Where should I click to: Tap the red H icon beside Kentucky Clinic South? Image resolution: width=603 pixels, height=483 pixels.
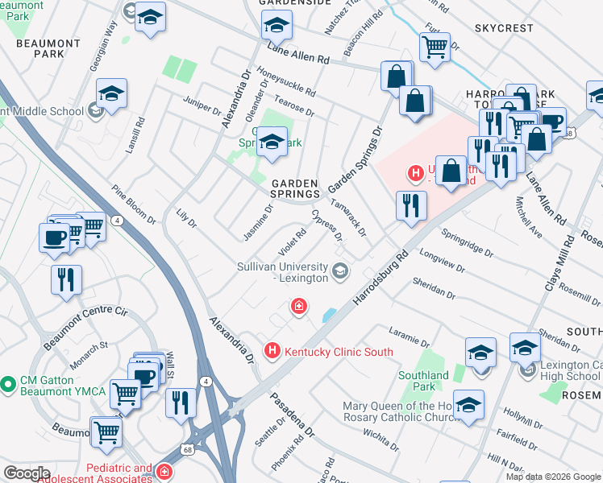point(272,352)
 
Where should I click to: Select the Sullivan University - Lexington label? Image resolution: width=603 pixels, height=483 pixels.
point(282,272)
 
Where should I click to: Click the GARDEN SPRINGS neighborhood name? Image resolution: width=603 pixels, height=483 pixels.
point(294,189)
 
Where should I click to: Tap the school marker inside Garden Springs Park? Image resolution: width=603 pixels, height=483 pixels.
point(272,142)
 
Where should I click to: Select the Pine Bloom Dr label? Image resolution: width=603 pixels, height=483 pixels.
point(134,205)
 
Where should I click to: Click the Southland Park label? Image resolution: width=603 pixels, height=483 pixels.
point(423,381)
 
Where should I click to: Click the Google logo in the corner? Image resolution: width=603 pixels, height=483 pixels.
point(26,473)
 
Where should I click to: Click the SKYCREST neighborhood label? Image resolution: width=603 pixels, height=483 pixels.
point(504,28)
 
